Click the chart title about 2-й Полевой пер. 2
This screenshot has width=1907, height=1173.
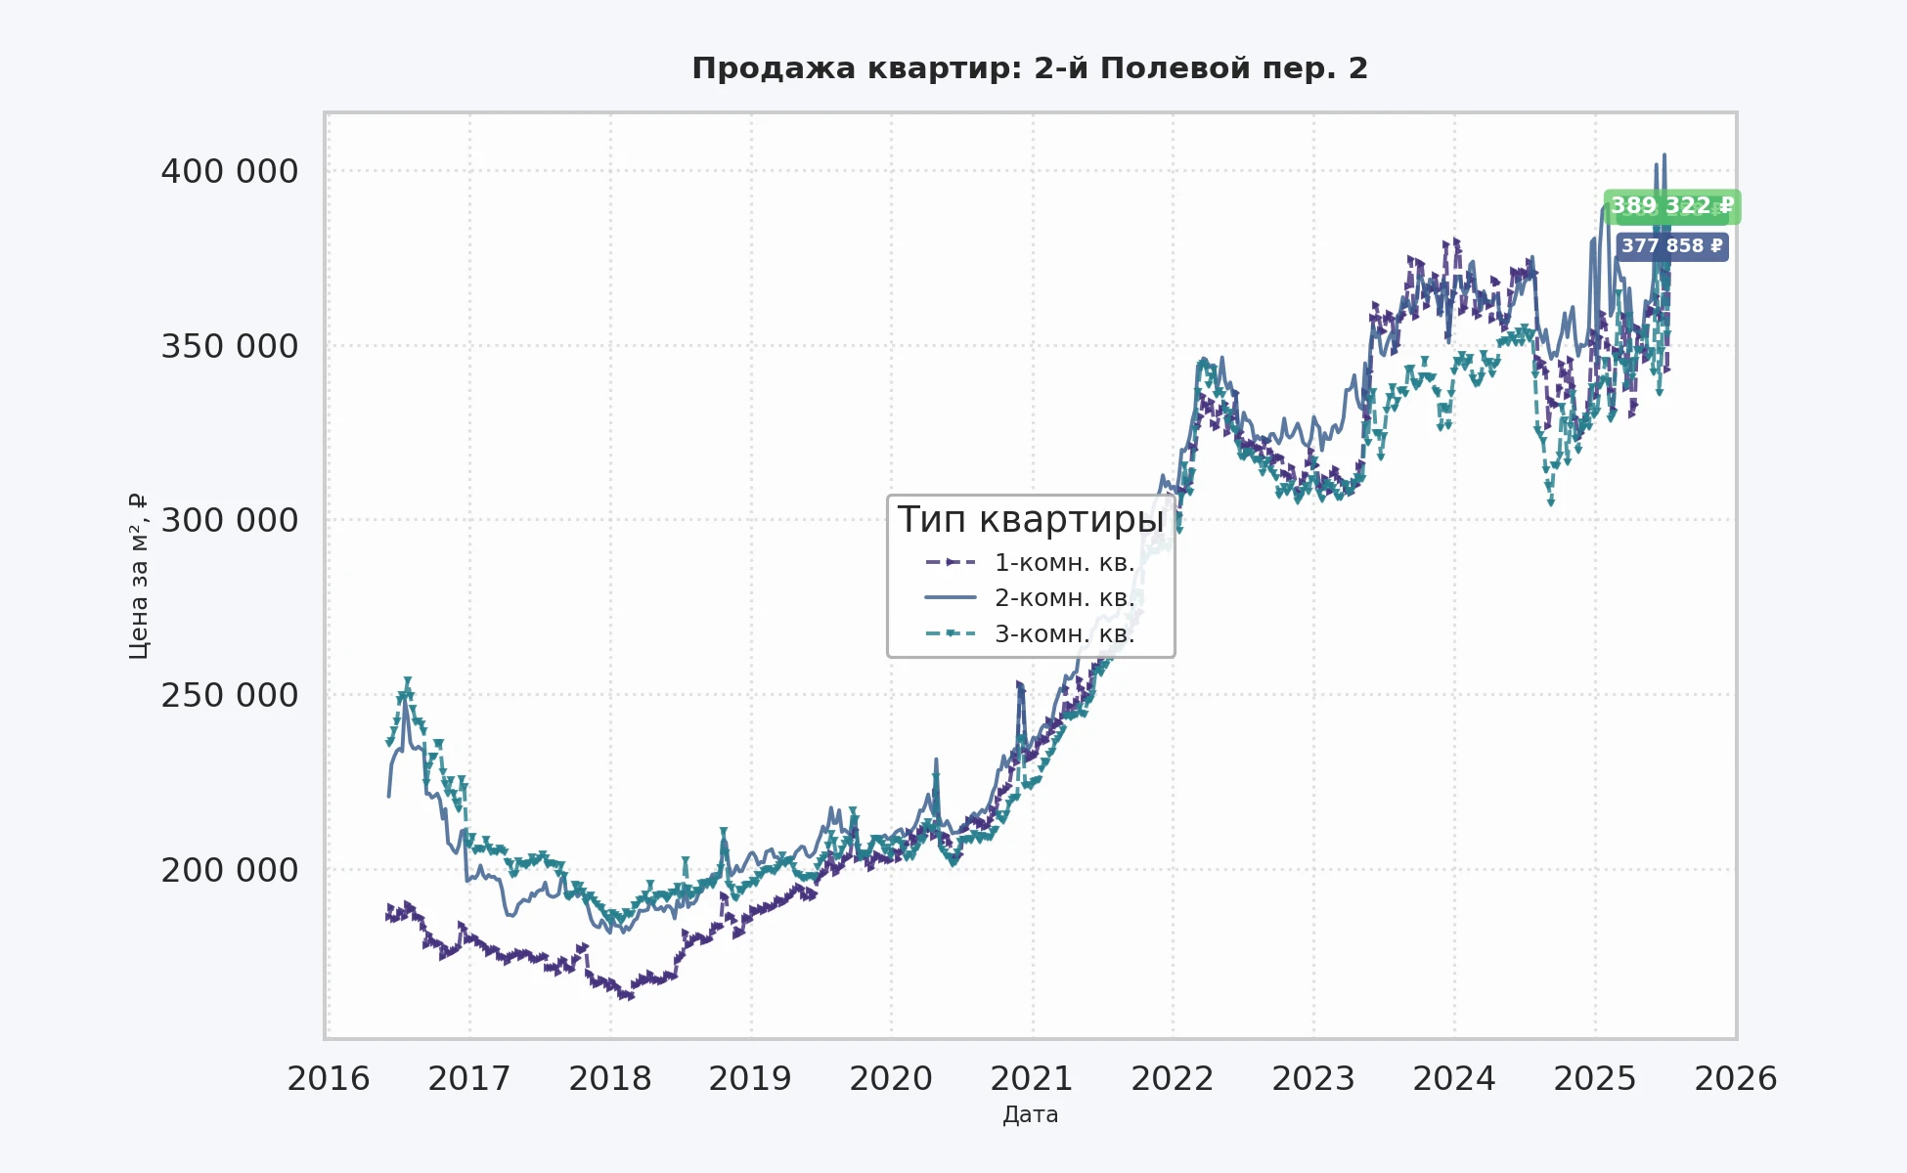tap(1030, 68)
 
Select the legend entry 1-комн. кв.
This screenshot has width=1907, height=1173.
tap(1063, 563)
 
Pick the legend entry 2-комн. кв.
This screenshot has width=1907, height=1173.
tap(1063, 598)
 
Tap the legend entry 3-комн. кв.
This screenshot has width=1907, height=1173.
tap(1063, 634)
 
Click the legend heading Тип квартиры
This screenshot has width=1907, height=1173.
tap(1030, 520)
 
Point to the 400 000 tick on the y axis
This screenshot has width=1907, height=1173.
tap(229, 172)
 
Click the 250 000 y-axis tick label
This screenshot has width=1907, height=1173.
tap(229, 696)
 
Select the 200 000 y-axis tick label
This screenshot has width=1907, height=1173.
tap(229, 870)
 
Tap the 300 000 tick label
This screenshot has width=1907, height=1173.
tap(229, 521)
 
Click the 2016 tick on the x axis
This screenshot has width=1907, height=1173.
tap(329, 1079)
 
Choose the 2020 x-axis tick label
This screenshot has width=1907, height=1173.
tap(891, 1079)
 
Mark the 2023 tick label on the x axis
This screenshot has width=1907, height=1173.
tap(1313, 1079)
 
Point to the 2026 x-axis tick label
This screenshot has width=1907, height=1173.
tap(1735, 1079)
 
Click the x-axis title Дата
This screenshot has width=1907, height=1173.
tap(1030, 1115)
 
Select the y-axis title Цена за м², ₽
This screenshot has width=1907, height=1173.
tap(139, 576)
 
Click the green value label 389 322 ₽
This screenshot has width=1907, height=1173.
tap(1671, 206)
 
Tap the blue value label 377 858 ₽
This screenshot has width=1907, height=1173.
tap(1671, 246)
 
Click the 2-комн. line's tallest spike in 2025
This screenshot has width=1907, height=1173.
tap(1664, 154)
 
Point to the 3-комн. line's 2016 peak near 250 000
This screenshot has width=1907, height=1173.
tap(407, 681)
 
